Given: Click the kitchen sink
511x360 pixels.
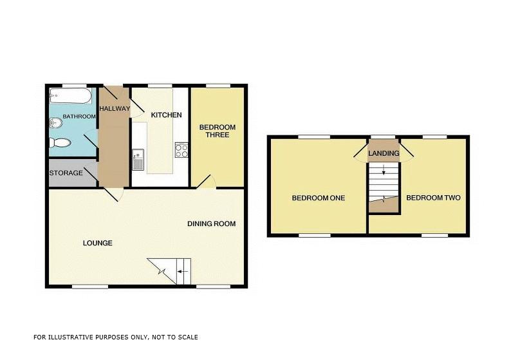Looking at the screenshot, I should (138, 158).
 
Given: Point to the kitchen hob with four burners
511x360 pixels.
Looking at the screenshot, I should (182, 150).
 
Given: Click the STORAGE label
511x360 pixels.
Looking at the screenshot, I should (66, 173).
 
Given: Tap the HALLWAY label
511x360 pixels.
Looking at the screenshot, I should (115, 108).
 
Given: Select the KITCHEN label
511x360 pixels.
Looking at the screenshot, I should (166, 115).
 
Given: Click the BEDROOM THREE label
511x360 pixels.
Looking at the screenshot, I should (217, 131).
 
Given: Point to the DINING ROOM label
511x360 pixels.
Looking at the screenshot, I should (211, 224).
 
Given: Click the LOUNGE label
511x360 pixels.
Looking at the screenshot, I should (98, 243).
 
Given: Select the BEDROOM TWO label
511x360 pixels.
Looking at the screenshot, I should (433, 198).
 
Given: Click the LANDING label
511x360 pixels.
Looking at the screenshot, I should (384, 153).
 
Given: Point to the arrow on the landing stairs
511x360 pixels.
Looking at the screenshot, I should (384, 171).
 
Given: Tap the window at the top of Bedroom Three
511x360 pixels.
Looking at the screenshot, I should (218, 85).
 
